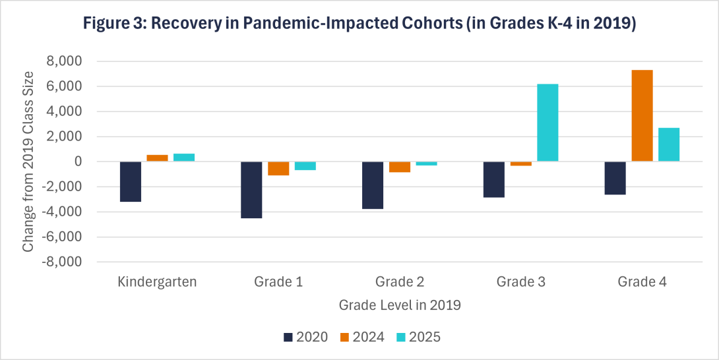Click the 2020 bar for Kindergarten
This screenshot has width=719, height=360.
pos(131,181)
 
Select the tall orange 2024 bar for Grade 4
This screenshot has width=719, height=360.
pos(642,116)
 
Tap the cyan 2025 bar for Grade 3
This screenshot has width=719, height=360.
pos(547,123)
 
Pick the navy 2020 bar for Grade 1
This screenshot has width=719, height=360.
pos(251,190)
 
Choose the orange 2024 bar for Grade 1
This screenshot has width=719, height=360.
pos(278,169)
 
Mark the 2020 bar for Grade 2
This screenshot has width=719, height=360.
pos(373,185)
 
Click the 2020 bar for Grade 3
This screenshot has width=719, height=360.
pos(494,179)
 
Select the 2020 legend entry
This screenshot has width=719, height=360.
pos(305,337)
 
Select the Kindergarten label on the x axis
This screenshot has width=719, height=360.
pos(157,282)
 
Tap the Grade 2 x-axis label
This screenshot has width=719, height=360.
pos(400,282)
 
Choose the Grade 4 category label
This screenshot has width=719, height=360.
pos(642,282)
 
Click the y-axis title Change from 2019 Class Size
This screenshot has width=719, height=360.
pos(28,162)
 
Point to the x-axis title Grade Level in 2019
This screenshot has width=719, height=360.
pos(400,306)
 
